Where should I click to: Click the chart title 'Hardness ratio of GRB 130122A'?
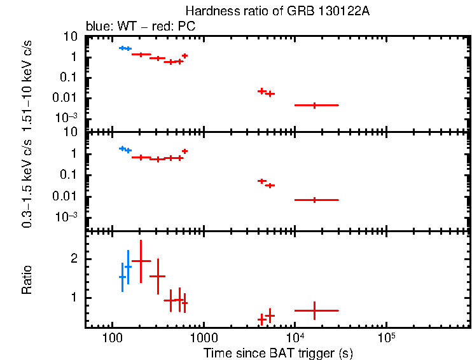(x=277, y=11)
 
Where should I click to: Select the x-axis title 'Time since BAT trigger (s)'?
(x=278, y=352)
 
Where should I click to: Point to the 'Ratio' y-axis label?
(x=27, y=280)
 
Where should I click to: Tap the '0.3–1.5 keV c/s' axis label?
(x=27, y=184)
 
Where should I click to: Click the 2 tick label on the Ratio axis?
(x=74, y=260)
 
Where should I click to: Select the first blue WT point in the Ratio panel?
(x=122, y=277)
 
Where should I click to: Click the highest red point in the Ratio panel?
(x=141, y=261)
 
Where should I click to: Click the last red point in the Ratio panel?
(x=315, y=310)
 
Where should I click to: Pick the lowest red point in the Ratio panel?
(x=261, y=319)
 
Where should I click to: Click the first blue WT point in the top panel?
(x=122, y=48)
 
